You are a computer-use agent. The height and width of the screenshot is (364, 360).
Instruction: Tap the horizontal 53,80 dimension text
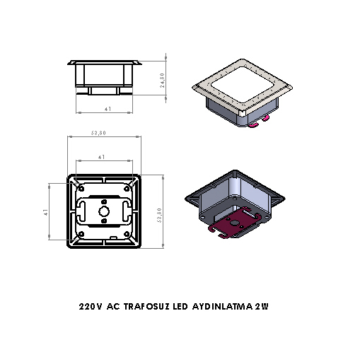pyautogui.click(x=98, y=133)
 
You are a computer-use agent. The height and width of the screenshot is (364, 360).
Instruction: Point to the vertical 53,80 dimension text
pyautogui.click(x=160, y=214)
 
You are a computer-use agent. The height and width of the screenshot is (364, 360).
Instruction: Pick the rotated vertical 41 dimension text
pyautogui.click(x=45, y=212)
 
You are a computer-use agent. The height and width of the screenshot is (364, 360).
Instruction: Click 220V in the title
pyautogui.click(x=91, y=307)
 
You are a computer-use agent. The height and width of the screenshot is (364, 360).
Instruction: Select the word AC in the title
pyautogui.click(x=113, y=307)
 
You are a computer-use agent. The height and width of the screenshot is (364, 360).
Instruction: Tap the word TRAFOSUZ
pyautogui.click(x=146, y=307)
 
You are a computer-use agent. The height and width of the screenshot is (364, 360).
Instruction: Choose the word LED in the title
pyautogui.click(x=181, y=307)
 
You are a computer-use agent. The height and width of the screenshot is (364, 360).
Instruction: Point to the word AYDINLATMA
pyautogui.click(x=223, y=307)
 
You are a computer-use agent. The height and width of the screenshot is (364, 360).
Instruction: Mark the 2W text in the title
pyautogui.click(x=264, y=307)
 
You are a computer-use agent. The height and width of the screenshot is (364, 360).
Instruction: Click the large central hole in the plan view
pyautogui.click(x=105, y=211)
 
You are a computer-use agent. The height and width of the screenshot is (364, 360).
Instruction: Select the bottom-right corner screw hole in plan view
pyautogui.click(x=127, y=234)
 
